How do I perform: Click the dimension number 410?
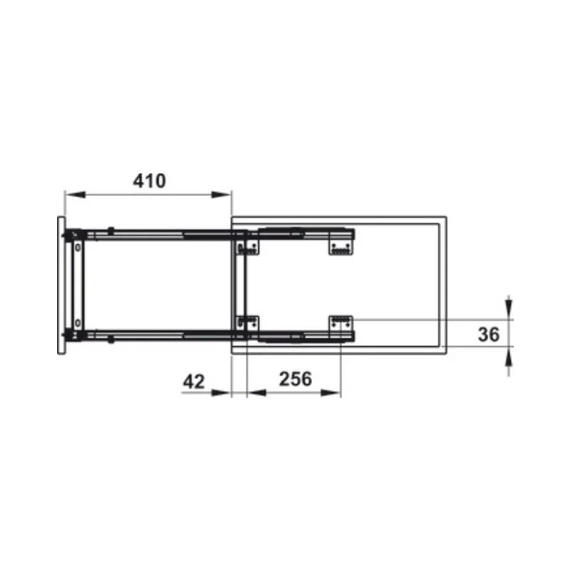click(149, 181)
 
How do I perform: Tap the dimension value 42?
click(193, 381)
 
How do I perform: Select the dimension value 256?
click(295, 379)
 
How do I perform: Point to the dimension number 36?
click(487, 334)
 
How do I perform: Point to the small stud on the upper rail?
click(111, 230)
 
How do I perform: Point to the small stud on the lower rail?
click(111, 340)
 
